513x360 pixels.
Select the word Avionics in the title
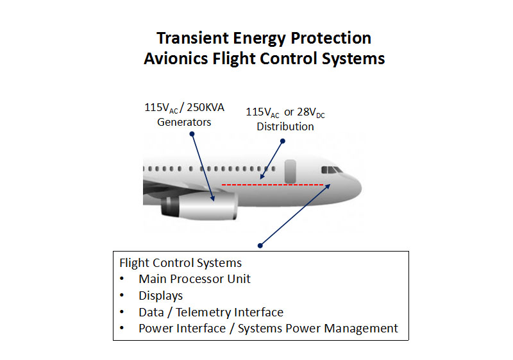(176, 59)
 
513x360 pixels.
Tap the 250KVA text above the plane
(205, 107)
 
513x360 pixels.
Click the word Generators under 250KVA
(184, 122)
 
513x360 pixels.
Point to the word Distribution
(285, 126)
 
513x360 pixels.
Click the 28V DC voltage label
(311, 112)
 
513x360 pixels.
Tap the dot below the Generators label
(192, 134)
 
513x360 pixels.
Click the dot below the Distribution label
(283, 141)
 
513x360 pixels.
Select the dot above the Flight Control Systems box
(260, 245)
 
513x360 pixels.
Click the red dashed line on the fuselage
(273, 185)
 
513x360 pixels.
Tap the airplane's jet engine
(199, 206)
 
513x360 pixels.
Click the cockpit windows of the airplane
(332, 170)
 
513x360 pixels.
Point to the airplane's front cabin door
(290, 171)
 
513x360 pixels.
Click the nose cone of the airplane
(354, 187)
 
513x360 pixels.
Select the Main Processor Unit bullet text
(194, 279)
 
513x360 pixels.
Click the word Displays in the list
(161, 296)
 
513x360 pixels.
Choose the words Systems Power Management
(317, 329)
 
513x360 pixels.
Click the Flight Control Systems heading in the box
(181, 263)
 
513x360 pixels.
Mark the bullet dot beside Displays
(122, 295)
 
